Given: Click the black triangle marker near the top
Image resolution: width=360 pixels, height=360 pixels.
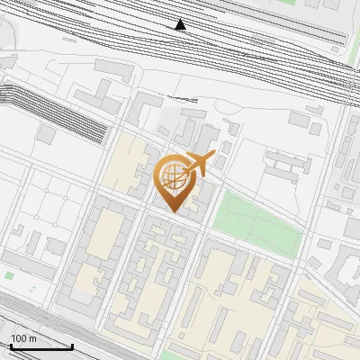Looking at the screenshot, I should (x=181, y=24).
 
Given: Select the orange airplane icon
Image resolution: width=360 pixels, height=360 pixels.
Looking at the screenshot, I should (x=198, y=164).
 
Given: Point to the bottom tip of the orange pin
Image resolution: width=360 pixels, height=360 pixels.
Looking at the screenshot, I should (x=174, y=212).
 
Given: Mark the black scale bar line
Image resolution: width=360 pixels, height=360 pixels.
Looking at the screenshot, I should (x=41, y=346).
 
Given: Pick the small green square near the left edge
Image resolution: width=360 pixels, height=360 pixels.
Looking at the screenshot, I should (x=9, y=274).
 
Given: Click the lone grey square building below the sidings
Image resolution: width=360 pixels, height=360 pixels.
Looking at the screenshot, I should (x=47, y=133).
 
